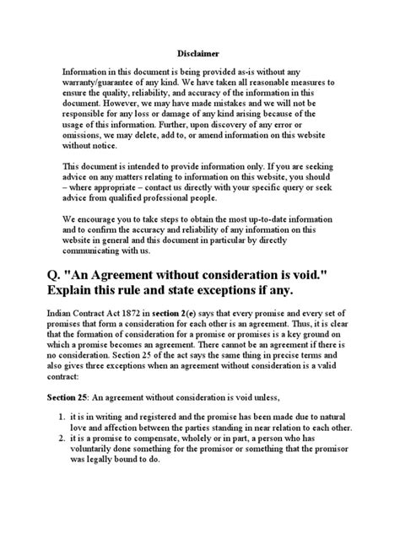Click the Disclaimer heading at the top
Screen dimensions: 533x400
(199, 51)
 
